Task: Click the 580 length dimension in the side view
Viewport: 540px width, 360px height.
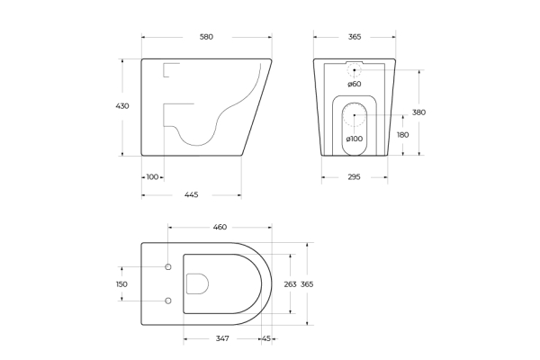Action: tap(206, 37)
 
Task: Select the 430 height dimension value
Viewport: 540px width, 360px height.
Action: tap(122, 106)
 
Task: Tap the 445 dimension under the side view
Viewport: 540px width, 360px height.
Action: tap(192, 194)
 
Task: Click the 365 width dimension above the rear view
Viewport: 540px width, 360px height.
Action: tap(354, 37)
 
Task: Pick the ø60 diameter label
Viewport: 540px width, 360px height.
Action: tap(354, 84)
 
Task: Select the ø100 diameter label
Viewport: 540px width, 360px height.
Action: tap(354, 138)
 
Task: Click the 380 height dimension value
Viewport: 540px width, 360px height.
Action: tap(418, 112)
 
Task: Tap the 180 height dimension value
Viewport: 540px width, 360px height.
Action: tap(402, 135)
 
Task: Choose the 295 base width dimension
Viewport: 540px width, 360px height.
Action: tap(354, 177)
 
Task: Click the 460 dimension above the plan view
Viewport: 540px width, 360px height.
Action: tap(220, 227)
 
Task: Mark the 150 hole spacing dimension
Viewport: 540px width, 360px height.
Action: tap(122, 283)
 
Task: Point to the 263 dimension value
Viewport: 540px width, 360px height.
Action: tap(290, 283)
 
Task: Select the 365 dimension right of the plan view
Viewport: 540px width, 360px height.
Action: tap(307, 283)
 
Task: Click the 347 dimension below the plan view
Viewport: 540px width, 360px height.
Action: tap(222, 338)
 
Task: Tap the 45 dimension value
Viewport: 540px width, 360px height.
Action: tap(266, 338)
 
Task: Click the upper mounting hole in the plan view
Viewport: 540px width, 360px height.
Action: tap(168, 267)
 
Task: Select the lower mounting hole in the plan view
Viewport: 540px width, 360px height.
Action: tap(168, 300)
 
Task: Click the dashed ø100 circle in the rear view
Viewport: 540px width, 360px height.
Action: tap(354, 116)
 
